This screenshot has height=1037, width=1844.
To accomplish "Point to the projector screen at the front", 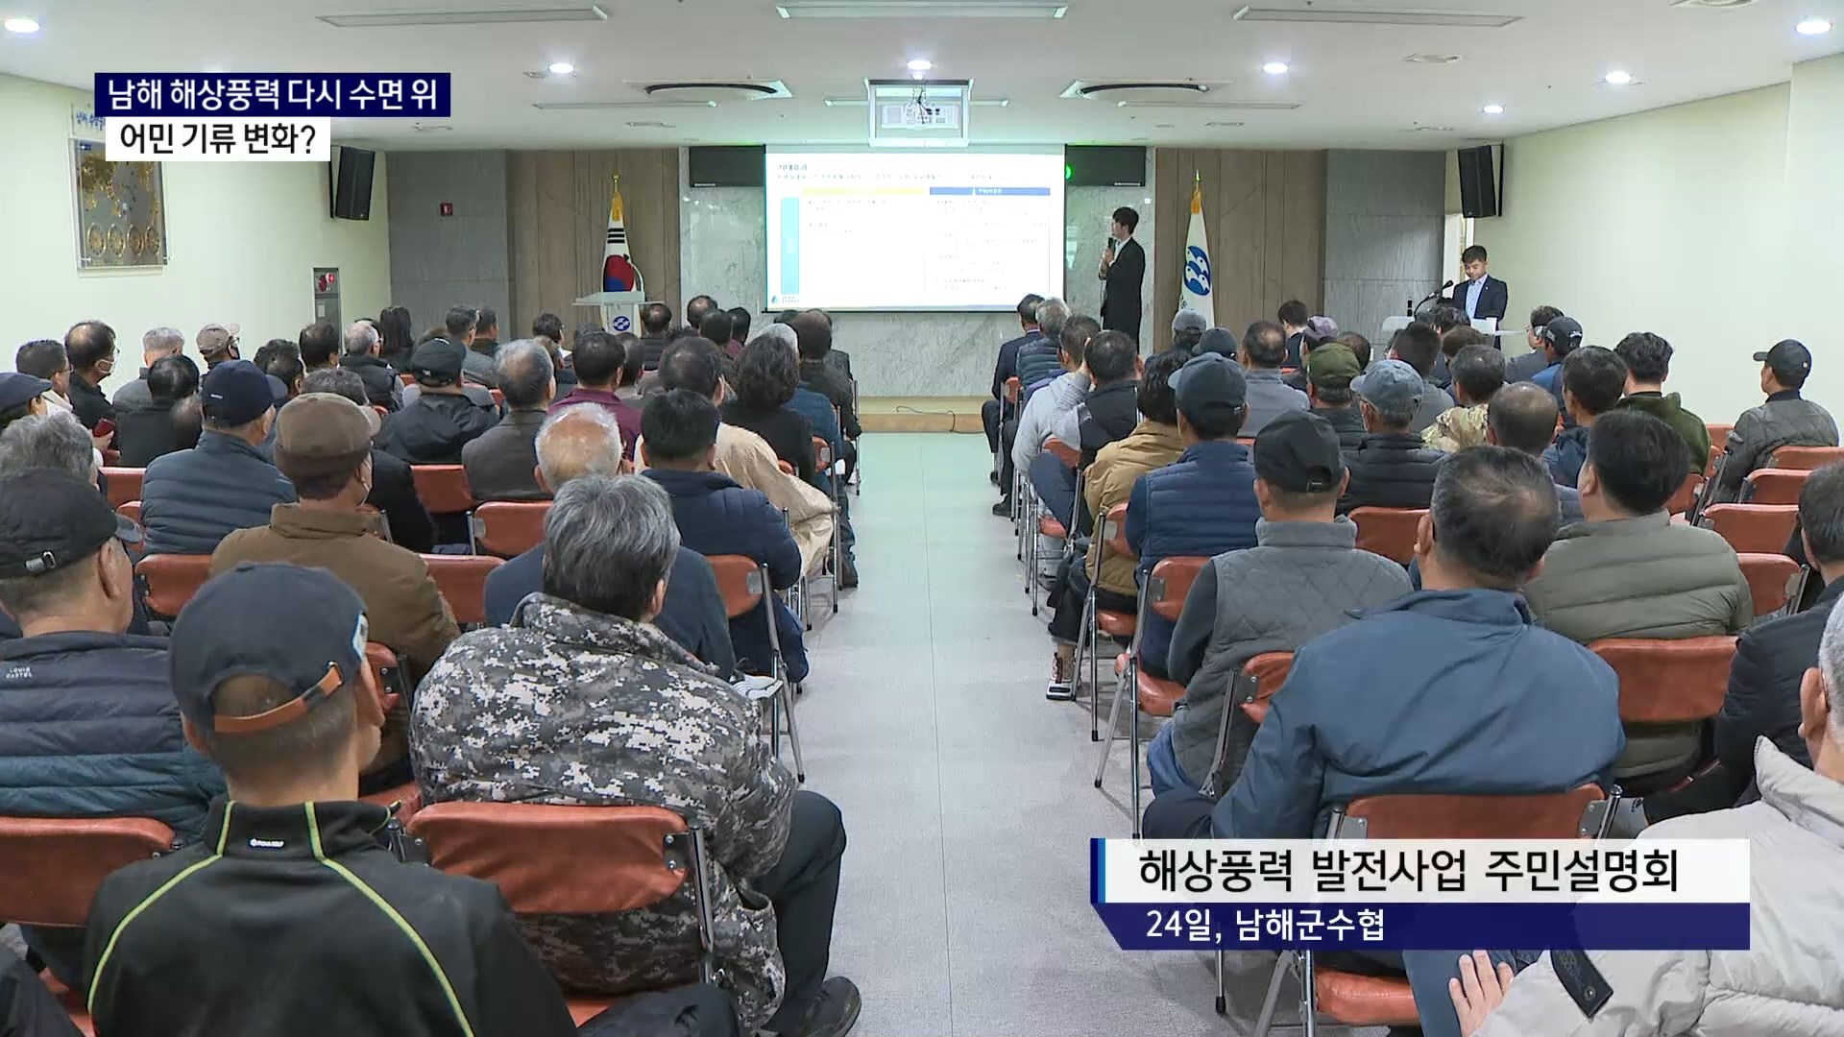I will pos(913,228).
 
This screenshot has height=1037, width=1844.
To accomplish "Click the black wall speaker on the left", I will pos(352,182).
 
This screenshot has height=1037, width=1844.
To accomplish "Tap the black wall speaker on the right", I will pos(1479,181).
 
